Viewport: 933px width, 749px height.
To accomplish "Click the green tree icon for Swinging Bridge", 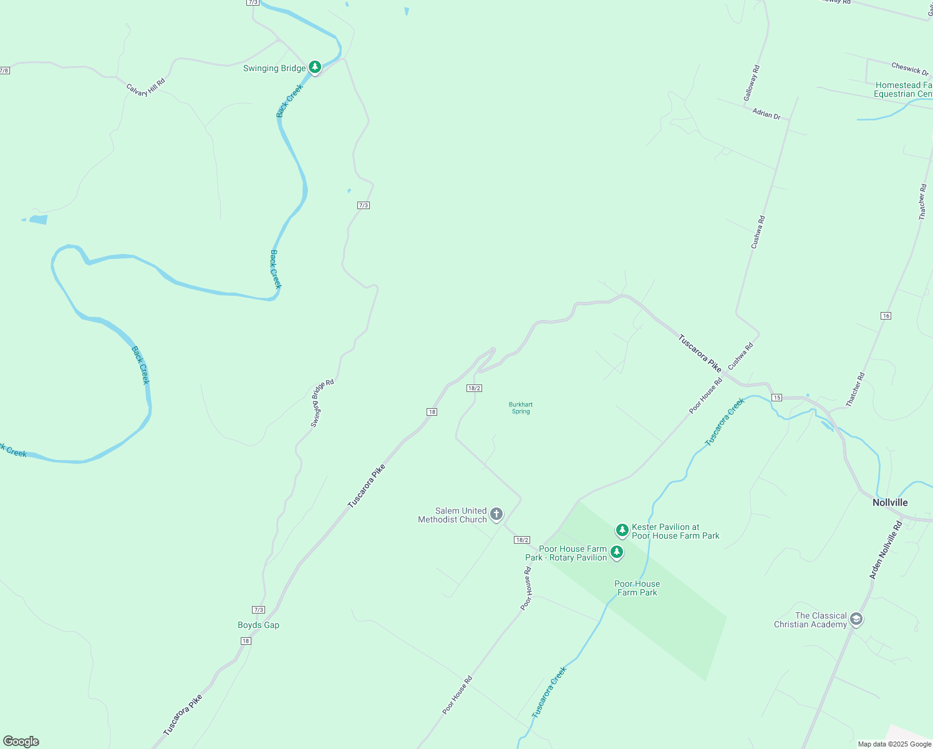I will pyautogui.click(x=315, y=67).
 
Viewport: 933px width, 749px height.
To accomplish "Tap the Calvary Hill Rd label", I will pyautogui.click(x=146, y=87).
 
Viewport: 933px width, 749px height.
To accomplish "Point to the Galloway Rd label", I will pyautogui.click(x=752, y=83).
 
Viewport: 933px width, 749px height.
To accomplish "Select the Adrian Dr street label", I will pyautogui.click(x=766, y=114).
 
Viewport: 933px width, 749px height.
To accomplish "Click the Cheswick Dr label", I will pyautogui.click(x=909, y=68).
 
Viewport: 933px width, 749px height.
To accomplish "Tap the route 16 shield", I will pyautogui.click(x=886, y=316).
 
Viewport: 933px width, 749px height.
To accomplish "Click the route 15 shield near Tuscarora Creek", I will pyautogui.click(x=776, y=398).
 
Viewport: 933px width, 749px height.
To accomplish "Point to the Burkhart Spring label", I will pyautogui.click(x=521, y=408).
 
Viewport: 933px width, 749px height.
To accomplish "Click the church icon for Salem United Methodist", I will pyautogui.click(x=496, y=514).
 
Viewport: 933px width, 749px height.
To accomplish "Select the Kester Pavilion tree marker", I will pyautogui.click(x=622, y=531).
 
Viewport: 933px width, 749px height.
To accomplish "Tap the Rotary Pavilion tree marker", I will pyautogui.click(x=617, y=552).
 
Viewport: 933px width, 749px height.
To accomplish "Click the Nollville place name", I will pyautogui.click(x=890, y=502).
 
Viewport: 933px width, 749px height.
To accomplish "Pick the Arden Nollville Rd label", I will pyautogui.click(x=886, y=551).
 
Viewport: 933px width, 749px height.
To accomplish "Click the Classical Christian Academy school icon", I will pyautogui.click(x=856, y=620).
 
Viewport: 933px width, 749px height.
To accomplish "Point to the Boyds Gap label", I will pyautogui.click(x=258, y=625).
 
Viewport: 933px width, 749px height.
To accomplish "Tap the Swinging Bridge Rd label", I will pyautogui.click(x=322, y=403).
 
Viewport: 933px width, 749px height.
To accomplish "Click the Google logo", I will pyautogui.click(x=21, y=742).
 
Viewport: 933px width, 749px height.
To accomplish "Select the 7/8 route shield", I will pyautogui.click(x=4, y=71).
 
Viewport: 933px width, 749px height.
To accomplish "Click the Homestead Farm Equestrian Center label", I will pyautogui.click(x=904, y=89).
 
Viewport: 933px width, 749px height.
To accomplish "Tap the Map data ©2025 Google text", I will pyautogui.click(x=894, y=744).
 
